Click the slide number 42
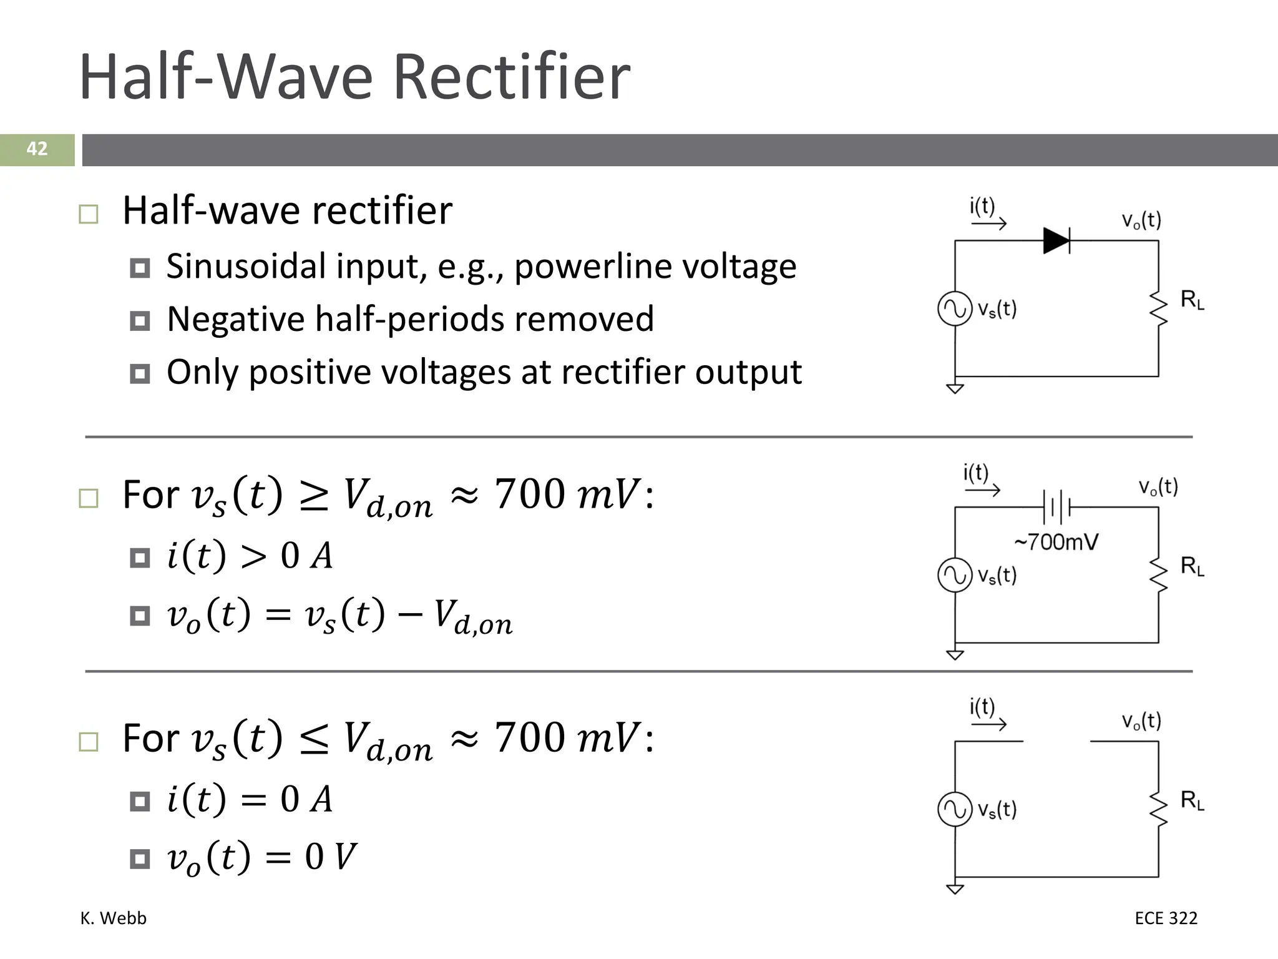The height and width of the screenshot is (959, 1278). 37,149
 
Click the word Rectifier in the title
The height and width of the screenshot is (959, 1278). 512,77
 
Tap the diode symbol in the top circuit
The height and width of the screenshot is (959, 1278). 1056,240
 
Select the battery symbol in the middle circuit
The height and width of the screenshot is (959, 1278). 1056,507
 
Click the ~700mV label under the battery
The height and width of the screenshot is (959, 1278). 1056,542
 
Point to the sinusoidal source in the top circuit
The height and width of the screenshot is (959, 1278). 955,308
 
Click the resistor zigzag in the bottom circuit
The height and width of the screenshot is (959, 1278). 1159,809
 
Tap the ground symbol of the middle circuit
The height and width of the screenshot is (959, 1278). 955,654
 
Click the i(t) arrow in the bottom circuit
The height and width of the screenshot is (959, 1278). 989,724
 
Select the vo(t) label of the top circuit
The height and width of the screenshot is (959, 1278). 1141,220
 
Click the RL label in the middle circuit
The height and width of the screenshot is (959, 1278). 1192,566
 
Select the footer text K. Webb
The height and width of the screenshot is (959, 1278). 113,918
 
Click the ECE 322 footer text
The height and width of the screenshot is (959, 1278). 1166,918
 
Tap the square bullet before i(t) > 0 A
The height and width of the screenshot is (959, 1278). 140,558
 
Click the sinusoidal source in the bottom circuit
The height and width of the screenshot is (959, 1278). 955,809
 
